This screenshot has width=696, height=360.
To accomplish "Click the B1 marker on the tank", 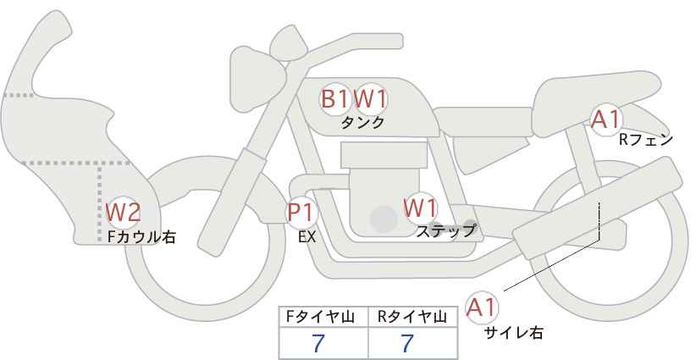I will pos(334,98).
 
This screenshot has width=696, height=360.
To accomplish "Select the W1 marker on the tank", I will pos(370,98).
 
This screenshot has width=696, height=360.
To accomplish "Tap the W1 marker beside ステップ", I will pos(420,207).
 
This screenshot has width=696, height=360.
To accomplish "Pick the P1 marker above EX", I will pos(301,212).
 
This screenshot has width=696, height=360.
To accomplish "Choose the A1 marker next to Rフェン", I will pos(605,120).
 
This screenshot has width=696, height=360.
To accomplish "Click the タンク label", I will pos(362,122).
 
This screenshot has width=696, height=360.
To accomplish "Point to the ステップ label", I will pos(445,230).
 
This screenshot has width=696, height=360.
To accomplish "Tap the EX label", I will pos(307,237).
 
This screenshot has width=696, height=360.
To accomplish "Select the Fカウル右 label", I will pos(141,237).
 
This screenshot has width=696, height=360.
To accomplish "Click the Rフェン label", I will pos(645,140).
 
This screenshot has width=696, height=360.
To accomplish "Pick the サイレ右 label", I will pos(514,333).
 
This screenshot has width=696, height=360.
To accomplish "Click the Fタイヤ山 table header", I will pos(323,317).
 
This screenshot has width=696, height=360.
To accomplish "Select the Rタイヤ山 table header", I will pos(412,317).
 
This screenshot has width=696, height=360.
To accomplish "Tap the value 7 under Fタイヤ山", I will pos(319,343).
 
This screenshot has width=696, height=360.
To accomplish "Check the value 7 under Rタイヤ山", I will pos(408,343).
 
